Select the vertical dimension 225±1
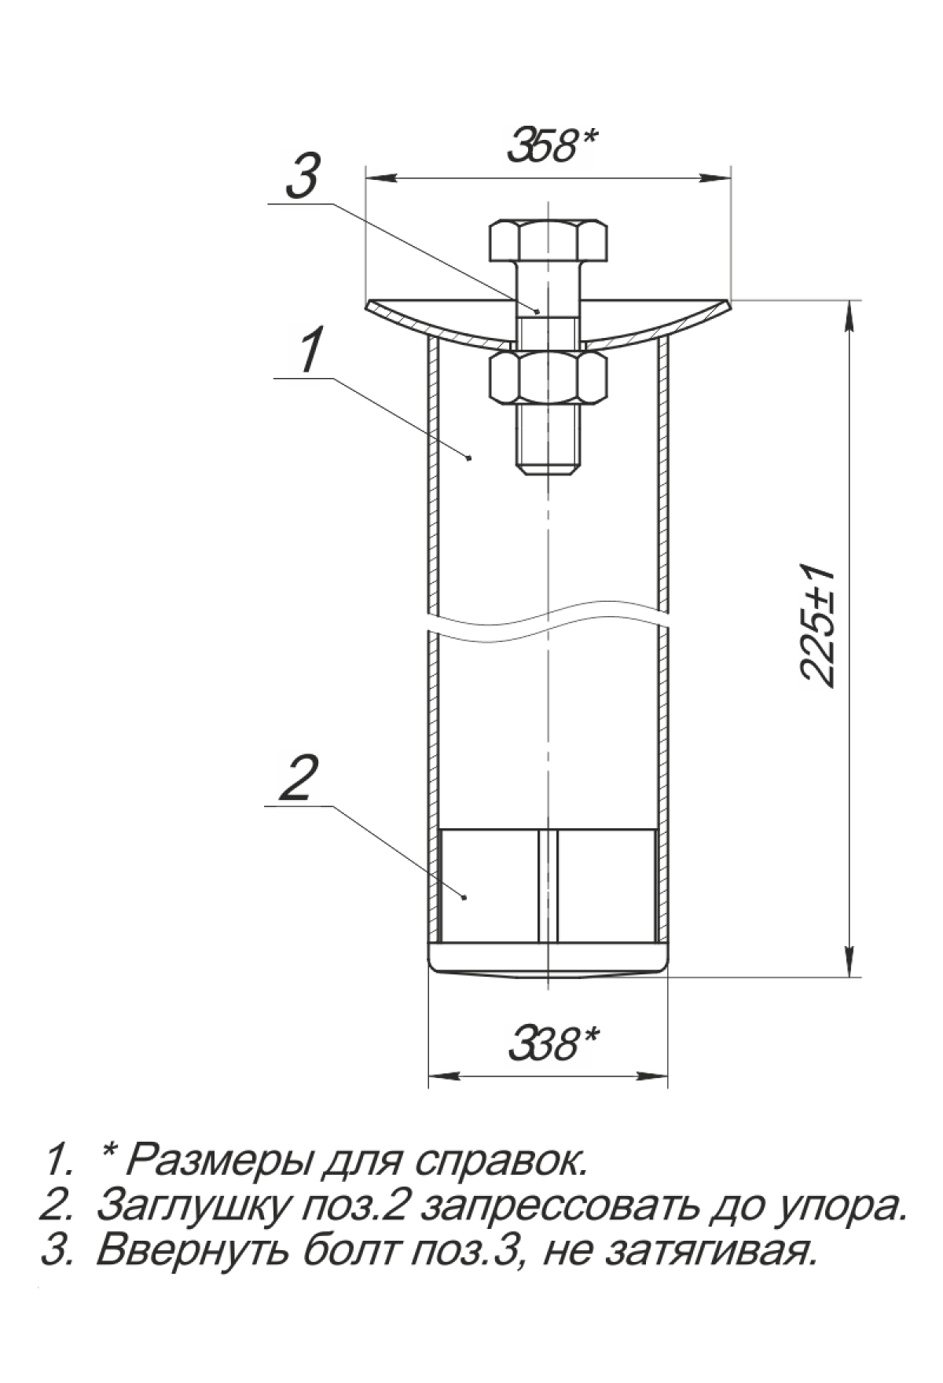pos(818,625)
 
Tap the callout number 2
pos(299,778)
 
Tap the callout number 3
pos(303,177)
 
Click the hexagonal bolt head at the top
pos(548,241)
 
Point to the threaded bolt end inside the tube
pos(548,439)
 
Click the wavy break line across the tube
pos(548,615)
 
